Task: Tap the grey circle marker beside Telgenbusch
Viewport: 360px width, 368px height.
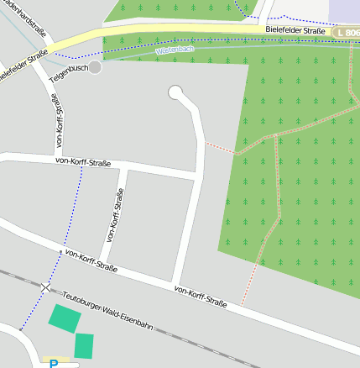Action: pyautogui.click(x=95, y=66)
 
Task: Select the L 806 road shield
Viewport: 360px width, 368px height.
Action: pyautogui.click(x=346, y=32)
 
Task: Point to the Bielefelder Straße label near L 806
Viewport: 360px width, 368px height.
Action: pyautogui.click(x=294, y=29)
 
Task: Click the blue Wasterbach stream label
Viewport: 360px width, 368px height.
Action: pyautogui.click(x=175, y=50)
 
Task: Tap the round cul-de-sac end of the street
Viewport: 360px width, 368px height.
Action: pyautogui.click(x=176, y=92)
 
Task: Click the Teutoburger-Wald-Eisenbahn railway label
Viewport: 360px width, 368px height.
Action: pyautogui.click(x=107, y=310)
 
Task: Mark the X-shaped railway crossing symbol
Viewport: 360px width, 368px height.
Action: pyautogui.click(x=45, y=287)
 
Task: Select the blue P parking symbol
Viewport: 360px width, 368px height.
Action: pyautogui.click(x=54, y=364)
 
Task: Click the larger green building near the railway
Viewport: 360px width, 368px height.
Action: pyautogui.click(x=65, y=318)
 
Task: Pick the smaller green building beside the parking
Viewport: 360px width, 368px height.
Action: pyautogui.click(x=84, y=345)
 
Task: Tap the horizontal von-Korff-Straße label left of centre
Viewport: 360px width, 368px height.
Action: pyautogui.click(x=82, y=160)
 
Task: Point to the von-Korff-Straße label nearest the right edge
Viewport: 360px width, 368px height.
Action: pyautogui.click(x=201, y=295)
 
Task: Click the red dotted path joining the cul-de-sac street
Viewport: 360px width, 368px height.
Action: pyautogui.click(x=222, y=148)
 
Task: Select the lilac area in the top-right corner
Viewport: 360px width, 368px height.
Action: pyautogui.click(x=344, y=11)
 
